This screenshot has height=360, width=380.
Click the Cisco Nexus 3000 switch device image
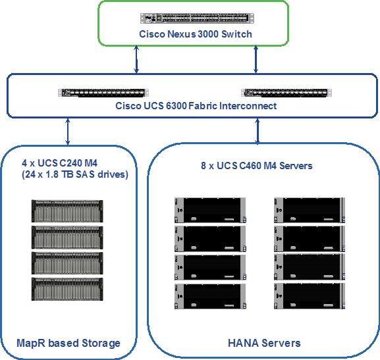197,18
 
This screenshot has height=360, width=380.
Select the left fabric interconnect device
103,93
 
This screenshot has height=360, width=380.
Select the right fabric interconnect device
286,93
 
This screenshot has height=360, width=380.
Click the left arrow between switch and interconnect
136,59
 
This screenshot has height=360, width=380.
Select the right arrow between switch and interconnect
256,59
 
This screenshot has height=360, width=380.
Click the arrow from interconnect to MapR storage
68,132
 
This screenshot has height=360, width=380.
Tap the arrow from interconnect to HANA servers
258,131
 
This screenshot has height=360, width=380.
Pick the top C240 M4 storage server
67,211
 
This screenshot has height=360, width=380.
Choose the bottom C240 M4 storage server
67,290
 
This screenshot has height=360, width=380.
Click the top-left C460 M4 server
210,210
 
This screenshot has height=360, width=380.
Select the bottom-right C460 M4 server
310,296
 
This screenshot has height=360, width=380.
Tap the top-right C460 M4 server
310,210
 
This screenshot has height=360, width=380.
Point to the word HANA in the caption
243,344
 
